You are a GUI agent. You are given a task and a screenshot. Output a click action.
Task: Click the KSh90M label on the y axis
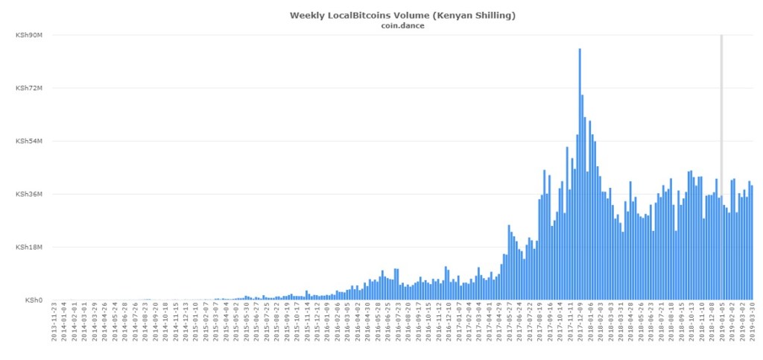pos(28,35)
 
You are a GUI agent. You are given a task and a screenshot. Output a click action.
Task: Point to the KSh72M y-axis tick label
pos(28,88)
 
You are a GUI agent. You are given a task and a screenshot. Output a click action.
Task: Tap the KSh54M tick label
pos(28,141)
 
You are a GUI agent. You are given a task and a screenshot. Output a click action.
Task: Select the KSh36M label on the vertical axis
pos(28,194)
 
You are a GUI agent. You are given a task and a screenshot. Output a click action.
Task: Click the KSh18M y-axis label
pos(28,247)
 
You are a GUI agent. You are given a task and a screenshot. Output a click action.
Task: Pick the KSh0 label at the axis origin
pos(34,300)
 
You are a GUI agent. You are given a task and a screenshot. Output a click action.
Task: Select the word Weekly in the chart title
pos(307,14)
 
